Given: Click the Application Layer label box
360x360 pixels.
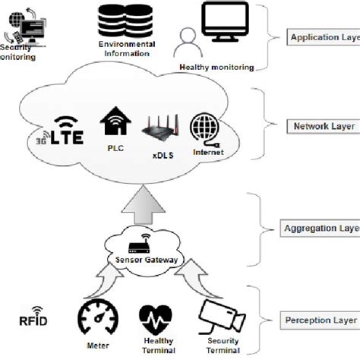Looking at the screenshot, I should tap(324, 36).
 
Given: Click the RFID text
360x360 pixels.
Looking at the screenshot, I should tap(33, 320).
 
